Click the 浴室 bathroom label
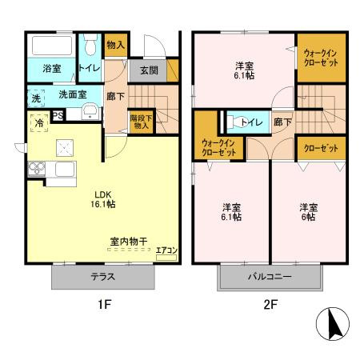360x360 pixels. tap(52, 70)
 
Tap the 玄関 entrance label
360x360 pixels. tap(149, 70)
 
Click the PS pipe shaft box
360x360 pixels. tap(58, 114)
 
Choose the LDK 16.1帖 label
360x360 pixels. tap(105, 198)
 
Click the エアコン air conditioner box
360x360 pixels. tap(166, 250)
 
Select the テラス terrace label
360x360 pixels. tap(102, 277)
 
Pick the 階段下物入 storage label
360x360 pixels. tap(141, 121)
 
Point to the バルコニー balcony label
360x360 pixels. tap(270, 277)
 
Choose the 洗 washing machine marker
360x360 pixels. tap(35, 98)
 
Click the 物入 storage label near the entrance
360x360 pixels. tap(116, 45)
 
